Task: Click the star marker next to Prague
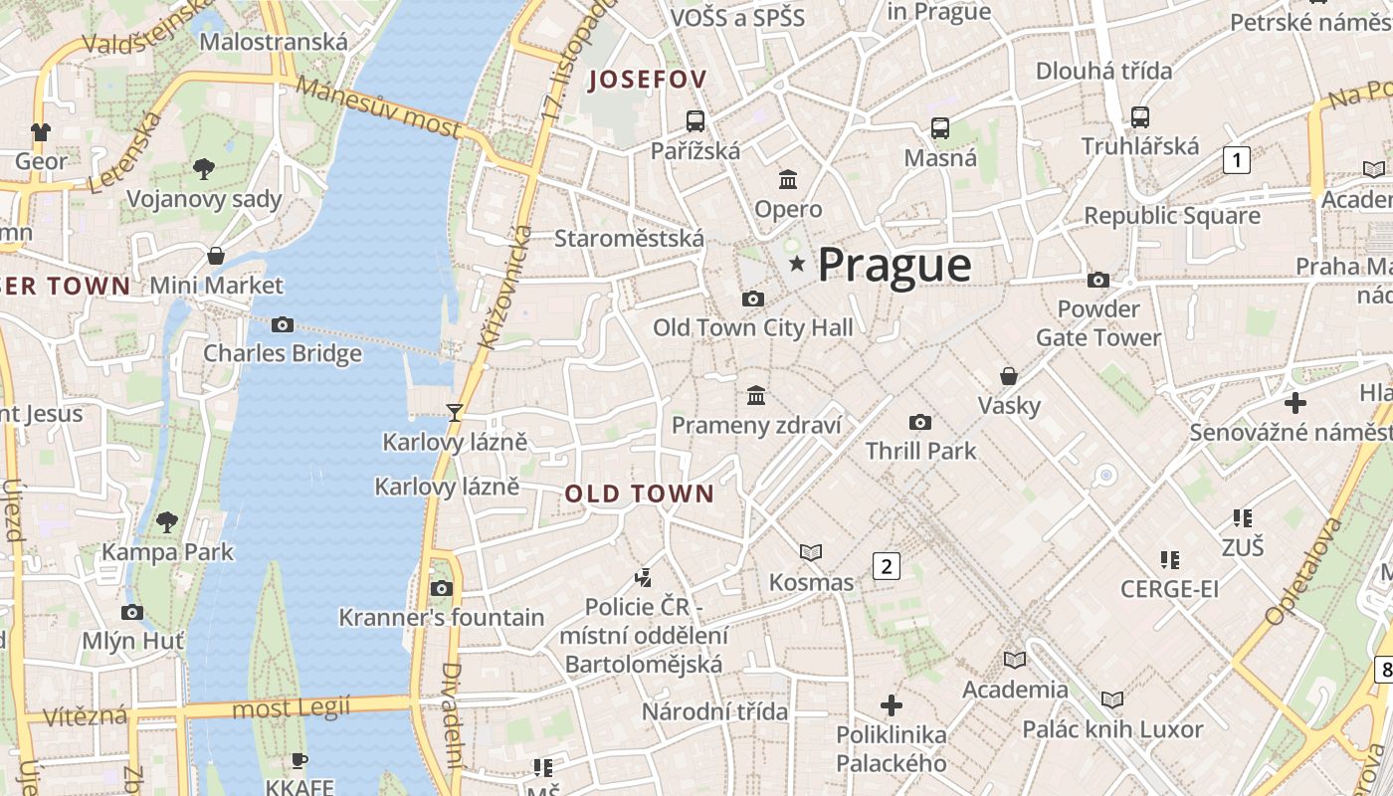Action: coord(796,264)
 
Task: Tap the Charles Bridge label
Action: coord(283,353)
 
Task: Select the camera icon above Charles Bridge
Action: coord(283,324)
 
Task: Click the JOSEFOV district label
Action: coord(647,80)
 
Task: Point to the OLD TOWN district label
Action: coord(640,494)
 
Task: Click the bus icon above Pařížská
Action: coord(696,121)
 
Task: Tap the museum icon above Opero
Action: coord(789,179)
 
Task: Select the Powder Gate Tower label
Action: coord(1098,323)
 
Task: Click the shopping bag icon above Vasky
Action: coord(1009,376)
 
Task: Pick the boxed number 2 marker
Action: coord(886,566)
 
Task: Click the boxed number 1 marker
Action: coord(1236,159)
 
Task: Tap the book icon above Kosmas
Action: coord(811,552)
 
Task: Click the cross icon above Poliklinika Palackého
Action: coord(892,705)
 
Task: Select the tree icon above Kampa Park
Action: coord(167,521)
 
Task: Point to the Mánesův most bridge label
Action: coord(379,106)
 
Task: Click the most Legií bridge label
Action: coord(291,708)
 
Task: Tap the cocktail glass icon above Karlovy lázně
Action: coord(455,412)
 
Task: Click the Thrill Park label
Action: coord(920,451)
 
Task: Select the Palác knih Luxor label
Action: coord(1112,729)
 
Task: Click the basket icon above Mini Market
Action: coord(216,256)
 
